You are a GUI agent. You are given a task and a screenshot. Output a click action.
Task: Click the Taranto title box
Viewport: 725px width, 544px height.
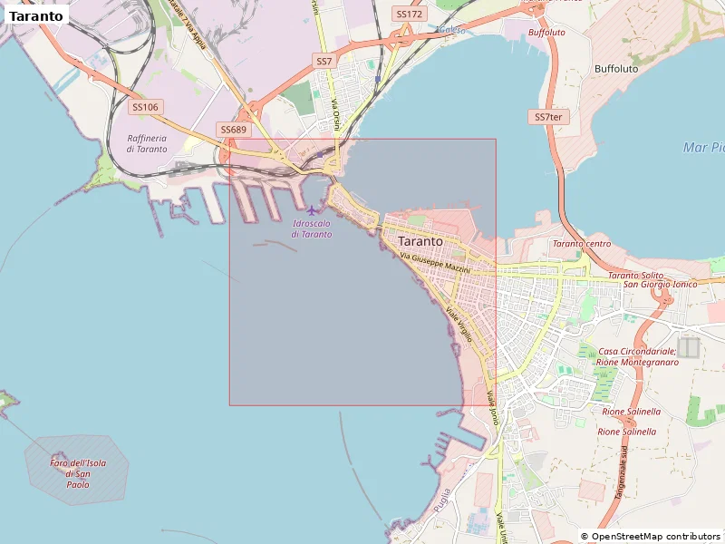(36, 15)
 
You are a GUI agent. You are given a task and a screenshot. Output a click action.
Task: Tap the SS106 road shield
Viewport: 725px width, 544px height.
(145, 107)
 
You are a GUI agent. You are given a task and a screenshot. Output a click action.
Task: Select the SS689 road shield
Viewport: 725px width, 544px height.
(234, 130)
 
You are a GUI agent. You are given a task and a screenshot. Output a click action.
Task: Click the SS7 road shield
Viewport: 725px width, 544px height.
(324, 61)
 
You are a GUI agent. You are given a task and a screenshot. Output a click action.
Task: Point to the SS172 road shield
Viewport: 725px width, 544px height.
(410, 14)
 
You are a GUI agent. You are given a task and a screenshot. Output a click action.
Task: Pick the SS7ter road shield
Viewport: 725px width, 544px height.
(547, 117)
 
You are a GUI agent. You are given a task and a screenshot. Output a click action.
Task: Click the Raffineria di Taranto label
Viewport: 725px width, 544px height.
(147, 143)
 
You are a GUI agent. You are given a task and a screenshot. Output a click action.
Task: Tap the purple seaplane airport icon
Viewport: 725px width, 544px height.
(313, 210)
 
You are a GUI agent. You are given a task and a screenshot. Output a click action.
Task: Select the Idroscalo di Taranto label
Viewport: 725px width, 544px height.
(312, 228)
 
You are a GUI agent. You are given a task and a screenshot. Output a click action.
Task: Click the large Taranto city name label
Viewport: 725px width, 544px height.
(420, 242)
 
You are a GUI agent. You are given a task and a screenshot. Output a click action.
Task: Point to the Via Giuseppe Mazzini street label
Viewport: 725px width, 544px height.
(435, 264)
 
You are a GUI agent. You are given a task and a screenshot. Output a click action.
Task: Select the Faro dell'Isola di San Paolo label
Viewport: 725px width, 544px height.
(78, 473)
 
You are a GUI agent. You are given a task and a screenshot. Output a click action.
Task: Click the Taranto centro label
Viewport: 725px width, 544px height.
(581, 244)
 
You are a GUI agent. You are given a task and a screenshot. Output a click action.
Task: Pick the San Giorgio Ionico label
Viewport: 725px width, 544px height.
(660, 284)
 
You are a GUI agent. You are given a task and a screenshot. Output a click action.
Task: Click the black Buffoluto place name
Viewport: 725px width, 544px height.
(616, 68)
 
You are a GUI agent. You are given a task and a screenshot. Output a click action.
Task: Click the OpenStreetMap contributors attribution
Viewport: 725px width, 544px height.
(650, 537)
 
